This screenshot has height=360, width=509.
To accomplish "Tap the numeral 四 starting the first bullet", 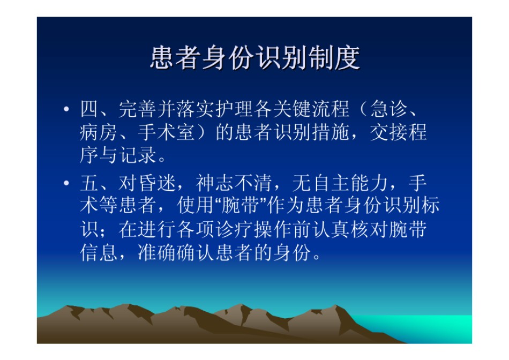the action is [89, 109].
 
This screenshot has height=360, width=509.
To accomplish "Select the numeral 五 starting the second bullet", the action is [89, 183].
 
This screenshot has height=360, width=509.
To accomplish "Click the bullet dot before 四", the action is [66, 109].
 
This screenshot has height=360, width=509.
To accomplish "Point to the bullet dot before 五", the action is [66, 183].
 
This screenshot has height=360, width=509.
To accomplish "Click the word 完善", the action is [138, 109].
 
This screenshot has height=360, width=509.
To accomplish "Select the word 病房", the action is [99, 132].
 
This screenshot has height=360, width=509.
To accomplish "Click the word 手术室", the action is [166, 132].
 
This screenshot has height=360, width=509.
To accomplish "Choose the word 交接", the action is [388, 132].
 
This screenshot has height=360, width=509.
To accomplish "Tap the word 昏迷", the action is [157, 183].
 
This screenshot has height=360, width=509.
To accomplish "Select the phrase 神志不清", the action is [234, 183].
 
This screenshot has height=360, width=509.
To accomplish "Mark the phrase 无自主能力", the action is [340, 183].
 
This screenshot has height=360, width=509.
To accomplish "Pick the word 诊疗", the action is [234, 229].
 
